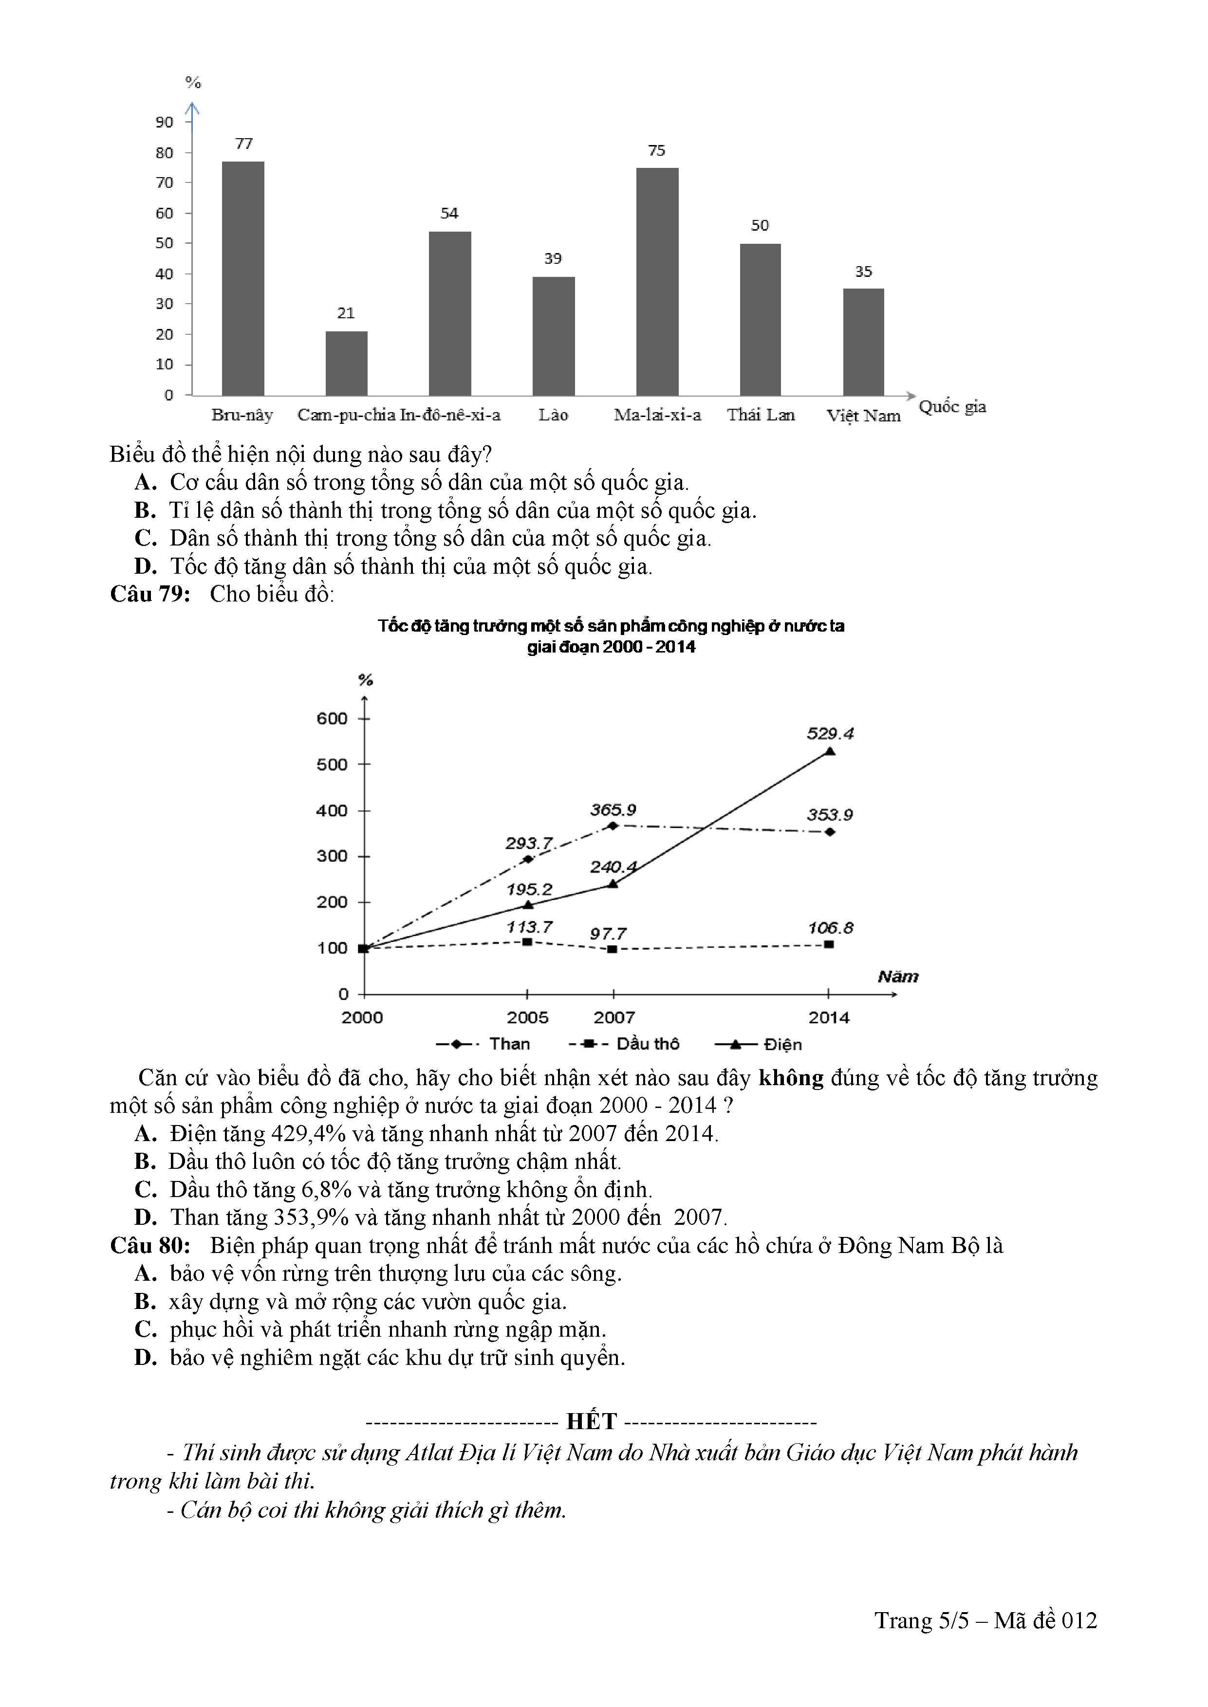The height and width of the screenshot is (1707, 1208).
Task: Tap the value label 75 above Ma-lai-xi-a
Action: pos(656,151)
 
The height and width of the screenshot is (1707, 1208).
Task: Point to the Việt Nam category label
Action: pos(863,416)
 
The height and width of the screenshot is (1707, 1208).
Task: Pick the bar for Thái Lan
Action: pos(760,320)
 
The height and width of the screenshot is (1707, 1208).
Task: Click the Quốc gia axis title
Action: pos(952,407)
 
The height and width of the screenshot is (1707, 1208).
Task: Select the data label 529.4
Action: pos(830,734)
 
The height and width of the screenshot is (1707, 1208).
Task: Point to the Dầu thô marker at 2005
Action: pos(527,942)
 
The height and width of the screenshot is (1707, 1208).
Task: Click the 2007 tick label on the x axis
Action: pos(613,1018)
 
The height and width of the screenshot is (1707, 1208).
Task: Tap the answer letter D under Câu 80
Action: pos(145,1358)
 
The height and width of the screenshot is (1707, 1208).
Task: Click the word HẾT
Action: pos(592,1421)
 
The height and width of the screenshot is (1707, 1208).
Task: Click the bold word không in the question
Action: pos(791,1078)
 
